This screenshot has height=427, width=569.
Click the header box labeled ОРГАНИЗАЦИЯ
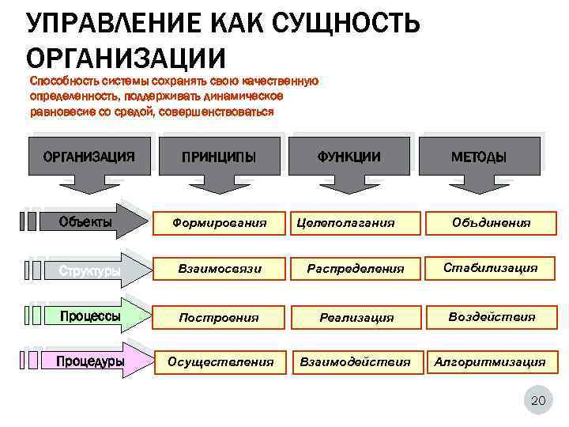(x=88, y=156)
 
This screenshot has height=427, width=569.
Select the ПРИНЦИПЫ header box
(x=218, y=156)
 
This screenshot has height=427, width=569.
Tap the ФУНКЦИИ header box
(x=349, y=156)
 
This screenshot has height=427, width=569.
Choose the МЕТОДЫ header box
(x=479, y=156)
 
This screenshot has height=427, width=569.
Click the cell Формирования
(x=219, y=224)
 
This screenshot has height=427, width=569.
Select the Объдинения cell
(x=492, y=224)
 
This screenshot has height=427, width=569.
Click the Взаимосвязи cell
(x=219, y=270)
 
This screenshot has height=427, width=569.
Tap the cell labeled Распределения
(x=356, y=270)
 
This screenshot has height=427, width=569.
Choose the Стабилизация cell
(x=491, y=268)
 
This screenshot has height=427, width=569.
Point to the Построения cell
(x=219, y=317)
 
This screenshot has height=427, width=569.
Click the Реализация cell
(x=356, y=317)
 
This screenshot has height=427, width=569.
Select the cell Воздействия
(x=491, y=316)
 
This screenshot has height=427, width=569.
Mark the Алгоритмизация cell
(x=491, y=362)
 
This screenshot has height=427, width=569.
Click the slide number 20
(x=537, y=401)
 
